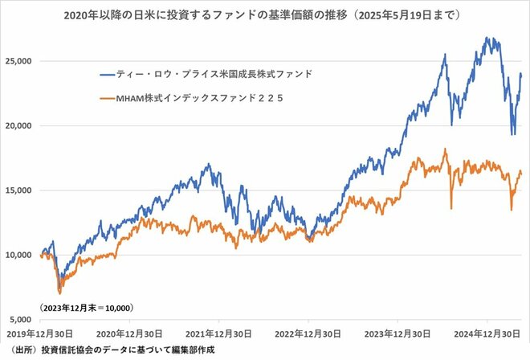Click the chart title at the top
click(265, 14)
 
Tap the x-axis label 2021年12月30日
click(219, 333)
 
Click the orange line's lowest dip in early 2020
click(59, 293)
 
